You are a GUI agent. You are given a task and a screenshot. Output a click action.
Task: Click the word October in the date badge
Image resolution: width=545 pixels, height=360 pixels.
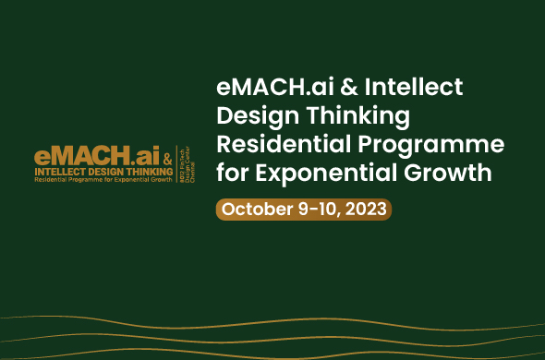(x=255, y=209)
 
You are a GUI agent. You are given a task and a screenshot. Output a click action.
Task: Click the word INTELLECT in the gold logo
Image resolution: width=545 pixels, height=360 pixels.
(x=61, y=172)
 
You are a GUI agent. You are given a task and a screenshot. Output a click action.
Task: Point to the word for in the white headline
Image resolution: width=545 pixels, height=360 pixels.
(x=233, y=173)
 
